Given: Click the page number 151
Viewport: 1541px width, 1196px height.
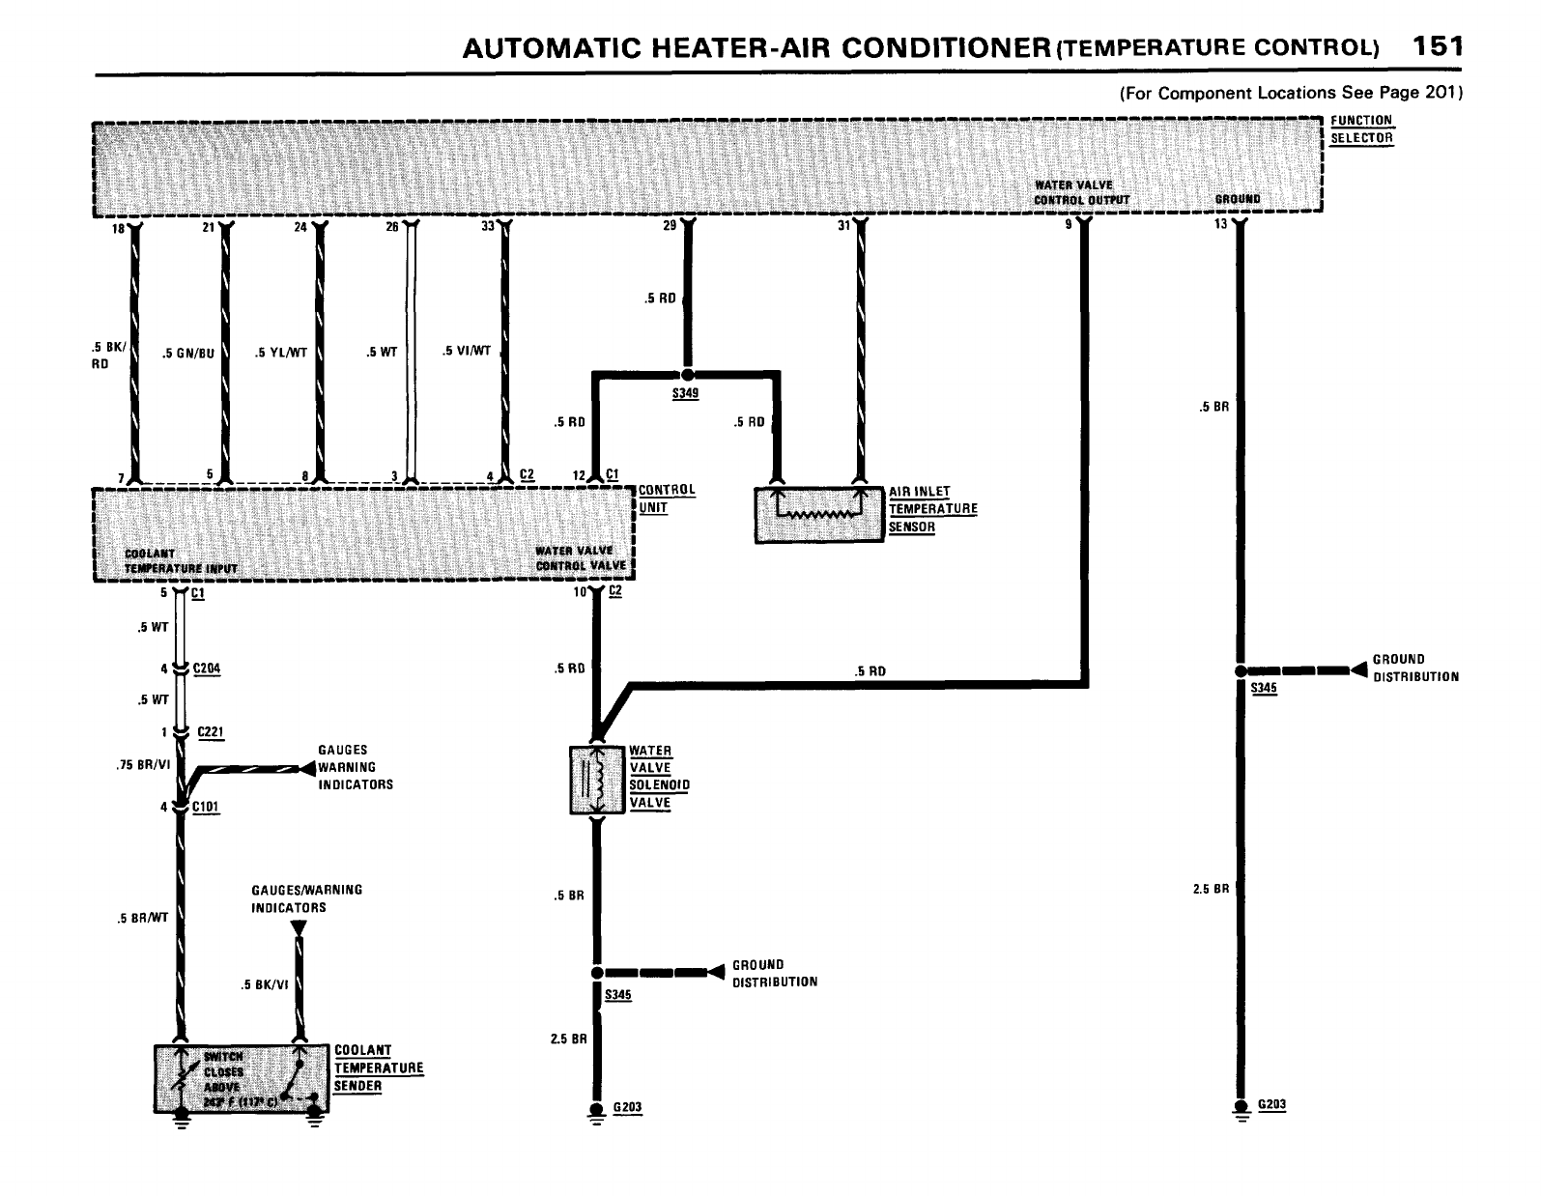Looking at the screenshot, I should pyautogui.click(x=1436, y=46).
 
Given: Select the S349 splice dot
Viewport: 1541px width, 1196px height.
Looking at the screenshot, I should pyautogui.click(x=687, y=374).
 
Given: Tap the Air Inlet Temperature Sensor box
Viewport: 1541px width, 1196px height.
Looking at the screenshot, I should pyautogui.click(x=819, y=513).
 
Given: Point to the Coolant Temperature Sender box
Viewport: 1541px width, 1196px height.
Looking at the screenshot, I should pyautogui.click(x=242, y=1077).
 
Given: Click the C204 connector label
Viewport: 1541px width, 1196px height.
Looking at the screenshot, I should pyautogui.click(x=207, y=669).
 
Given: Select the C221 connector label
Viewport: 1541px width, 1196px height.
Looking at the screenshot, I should pyautogui.click(x=211, y=732).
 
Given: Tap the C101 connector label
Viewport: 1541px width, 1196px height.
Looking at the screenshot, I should pyautogui.click(x=207, y=808).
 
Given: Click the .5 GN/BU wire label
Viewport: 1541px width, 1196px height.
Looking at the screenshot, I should pyautogui.click(x=188, y=353).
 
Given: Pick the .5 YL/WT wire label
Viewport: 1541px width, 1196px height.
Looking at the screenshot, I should pyautogui.click(x=281, y=353).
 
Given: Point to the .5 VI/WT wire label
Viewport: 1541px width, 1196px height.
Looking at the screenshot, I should pyautogui.click(x=467, y=351).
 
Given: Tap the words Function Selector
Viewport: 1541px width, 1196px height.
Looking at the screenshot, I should pyautogui.click(x=1361, y=128).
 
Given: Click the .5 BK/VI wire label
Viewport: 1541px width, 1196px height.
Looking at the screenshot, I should pyautogui.click(x=265, y=985).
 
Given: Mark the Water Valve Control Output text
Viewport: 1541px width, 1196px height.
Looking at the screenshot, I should pyautogui.click(x=1080, y=192).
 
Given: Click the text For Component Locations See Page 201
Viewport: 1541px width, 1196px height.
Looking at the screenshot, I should pyautogui.click(x=1292, y=94).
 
